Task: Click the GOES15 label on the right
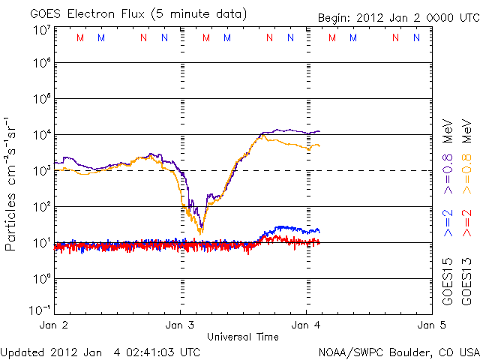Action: coord(448,283)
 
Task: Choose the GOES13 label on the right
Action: coord(466,283)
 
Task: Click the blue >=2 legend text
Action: coord(448,224)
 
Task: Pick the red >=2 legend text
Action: coord(466,224)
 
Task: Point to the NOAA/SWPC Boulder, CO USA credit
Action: coord(397,351)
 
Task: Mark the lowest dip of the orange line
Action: coord(200,233)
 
